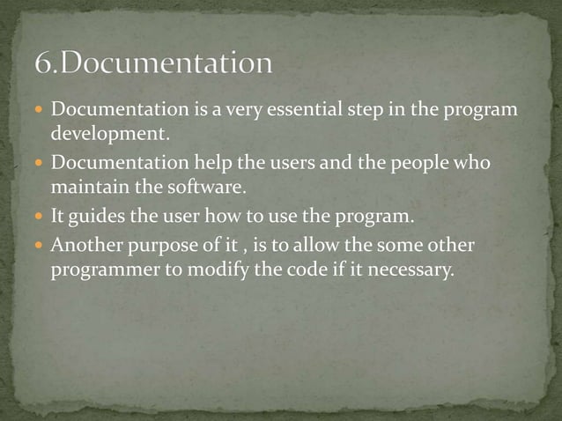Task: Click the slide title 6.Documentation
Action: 154,64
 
